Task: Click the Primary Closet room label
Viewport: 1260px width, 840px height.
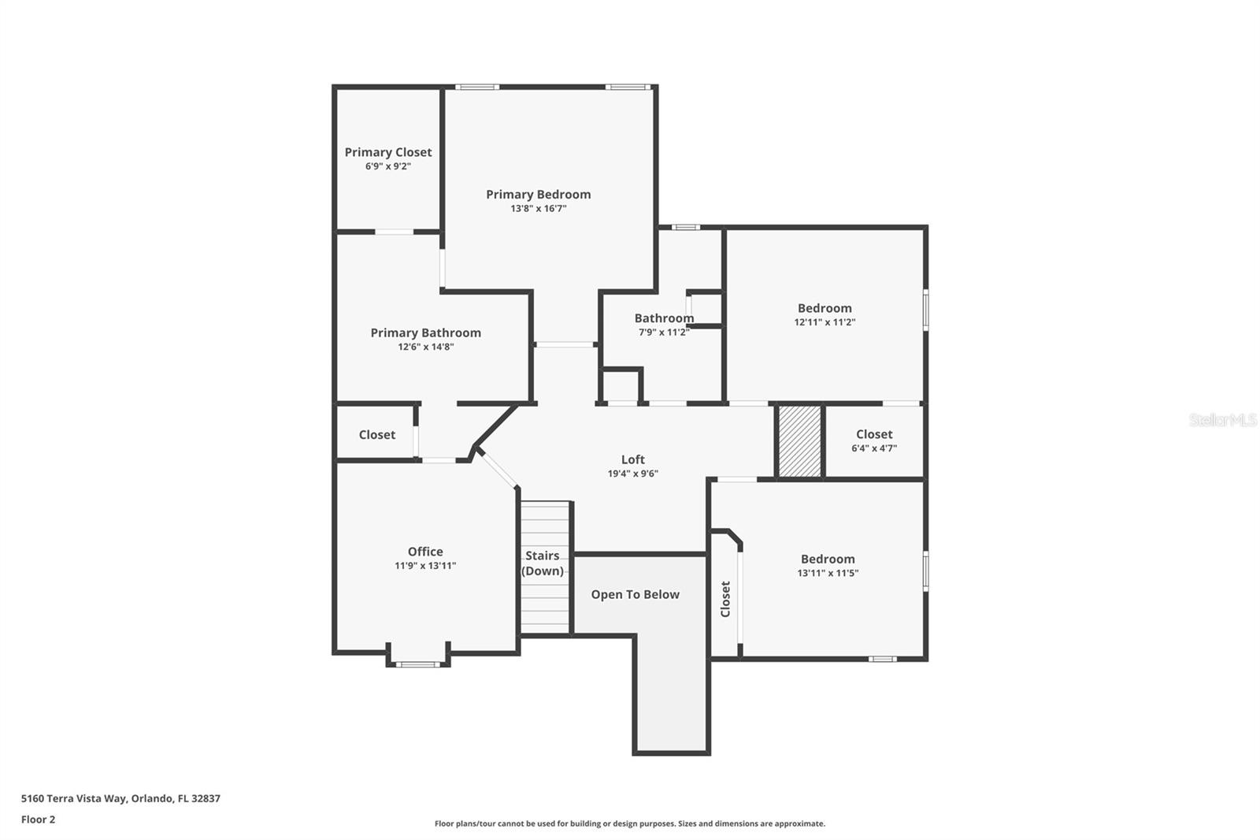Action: [x=387, y=152]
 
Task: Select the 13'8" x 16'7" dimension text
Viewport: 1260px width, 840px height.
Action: [x=538, y=209]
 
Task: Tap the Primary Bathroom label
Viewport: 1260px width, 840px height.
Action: [x=425, y=333]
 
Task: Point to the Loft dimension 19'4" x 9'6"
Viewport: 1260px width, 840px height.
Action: [x=632, y=474]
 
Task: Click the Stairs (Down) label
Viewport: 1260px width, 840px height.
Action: [x=543, y=563]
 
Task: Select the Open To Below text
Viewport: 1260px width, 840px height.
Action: [x=635, y=595]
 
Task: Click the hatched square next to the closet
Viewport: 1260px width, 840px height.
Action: [x=799, y=440]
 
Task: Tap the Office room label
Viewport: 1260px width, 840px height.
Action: [x=425, y=552]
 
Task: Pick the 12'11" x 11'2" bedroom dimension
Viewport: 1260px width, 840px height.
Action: [x=825, y=322]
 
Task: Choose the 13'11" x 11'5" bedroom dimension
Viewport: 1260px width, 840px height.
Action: [x=828, y=574]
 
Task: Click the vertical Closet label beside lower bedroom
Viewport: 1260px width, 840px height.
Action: [x=725, y=599]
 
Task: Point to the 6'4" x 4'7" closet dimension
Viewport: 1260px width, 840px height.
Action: [x=874, y=448]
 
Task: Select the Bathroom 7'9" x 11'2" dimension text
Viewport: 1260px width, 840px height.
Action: [x=664, y=333]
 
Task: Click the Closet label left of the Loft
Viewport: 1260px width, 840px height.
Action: [x=376, y=435]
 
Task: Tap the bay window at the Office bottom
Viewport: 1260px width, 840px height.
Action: [x=417, y=663]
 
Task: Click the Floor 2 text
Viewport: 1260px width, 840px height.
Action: [x=38, y=820]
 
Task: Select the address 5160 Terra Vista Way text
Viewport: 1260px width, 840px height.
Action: [x=120, y=798]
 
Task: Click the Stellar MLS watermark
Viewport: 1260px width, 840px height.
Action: [x=1222, y=420]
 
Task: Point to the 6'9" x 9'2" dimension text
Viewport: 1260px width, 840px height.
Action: [x=387, y=166]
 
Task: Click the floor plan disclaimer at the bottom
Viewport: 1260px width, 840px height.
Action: [x=629, y=823]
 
